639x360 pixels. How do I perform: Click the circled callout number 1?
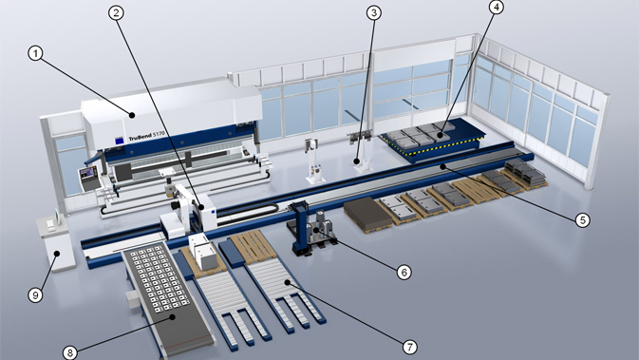pyautogui.click(x=35, y=53)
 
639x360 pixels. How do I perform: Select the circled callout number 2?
pyautogui.click(x=116, y=13)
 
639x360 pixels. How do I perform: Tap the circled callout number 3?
pyautogui.click(x=374, y=13)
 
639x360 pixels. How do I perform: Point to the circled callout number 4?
pyautogui.click(x=496, y=7)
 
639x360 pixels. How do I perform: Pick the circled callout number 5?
pyautogui.click(x=583, y=220)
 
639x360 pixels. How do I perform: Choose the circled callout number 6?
pyautogui.click(x=404, y=272)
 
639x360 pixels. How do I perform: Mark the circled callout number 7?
pyautogui.click(x=410, y=347)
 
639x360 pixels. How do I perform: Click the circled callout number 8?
pyautogui.click(x=70, y=352)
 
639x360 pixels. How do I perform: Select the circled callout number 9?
pyautogui.click(x=35, y=294)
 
